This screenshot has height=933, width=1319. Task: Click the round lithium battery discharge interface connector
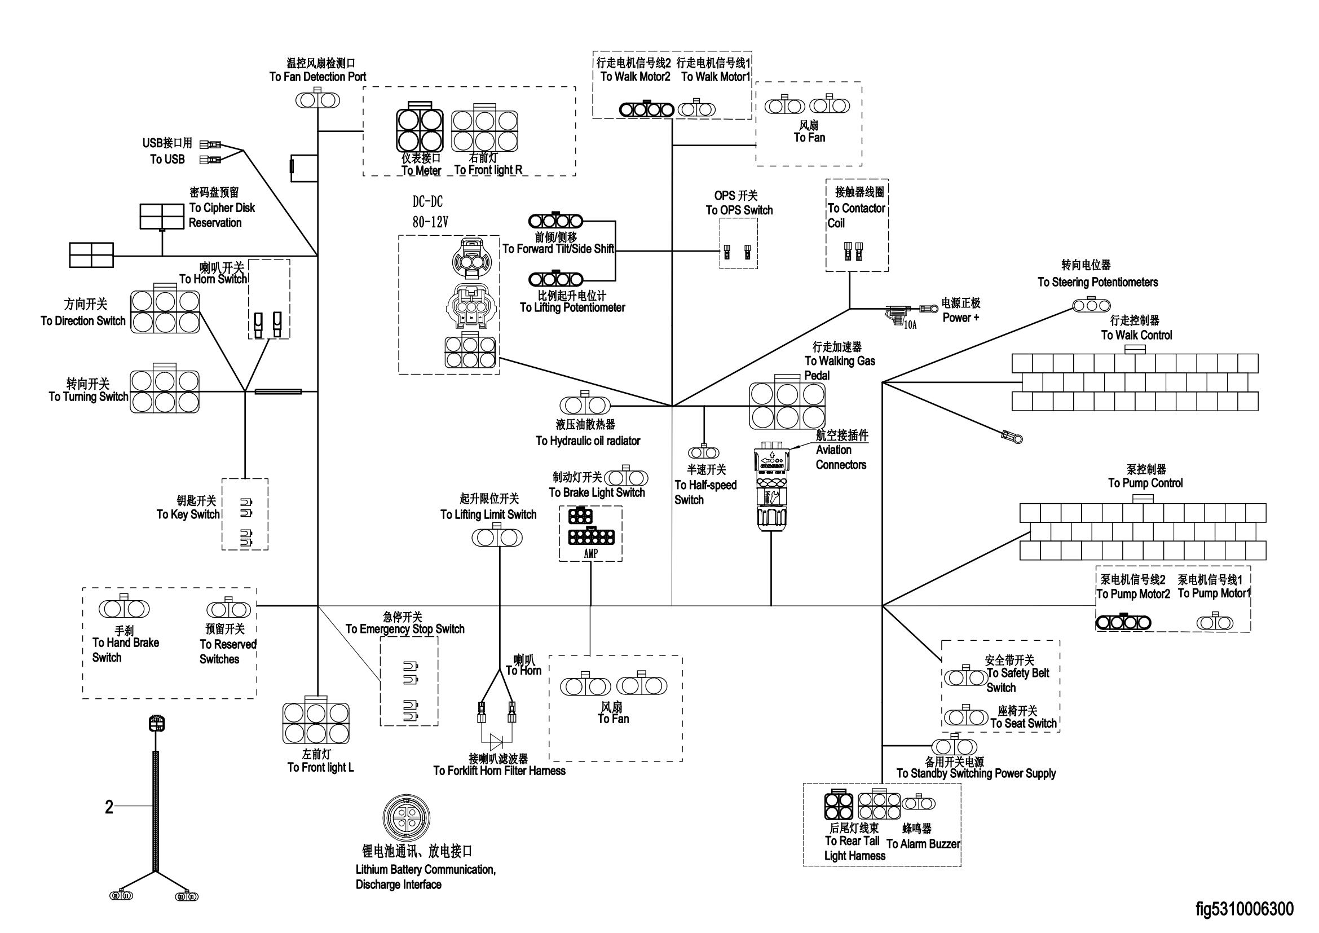[406, 819]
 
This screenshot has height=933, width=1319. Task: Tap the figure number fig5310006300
[1245, 909]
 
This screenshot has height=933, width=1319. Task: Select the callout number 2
[109, 807]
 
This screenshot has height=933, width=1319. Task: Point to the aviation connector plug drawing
[771, 486]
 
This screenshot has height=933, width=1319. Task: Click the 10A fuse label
[911, 325]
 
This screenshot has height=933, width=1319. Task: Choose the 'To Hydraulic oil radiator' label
[588, 441]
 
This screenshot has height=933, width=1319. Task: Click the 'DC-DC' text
[427, 201]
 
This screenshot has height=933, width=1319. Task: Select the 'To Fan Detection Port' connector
[317, 99]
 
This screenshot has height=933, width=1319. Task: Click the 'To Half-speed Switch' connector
[704, 452]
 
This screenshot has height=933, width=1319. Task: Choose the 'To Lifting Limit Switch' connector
[497, 538]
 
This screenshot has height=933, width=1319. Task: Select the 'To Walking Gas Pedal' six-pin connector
[788, 405]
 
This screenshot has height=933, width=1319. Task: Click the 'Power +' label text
[960, 318]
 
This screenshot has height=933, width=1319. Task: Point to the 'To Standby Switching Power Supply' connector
[954, 747]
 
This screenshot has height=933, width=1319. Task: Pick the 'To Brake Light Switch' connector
[626, 477]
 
